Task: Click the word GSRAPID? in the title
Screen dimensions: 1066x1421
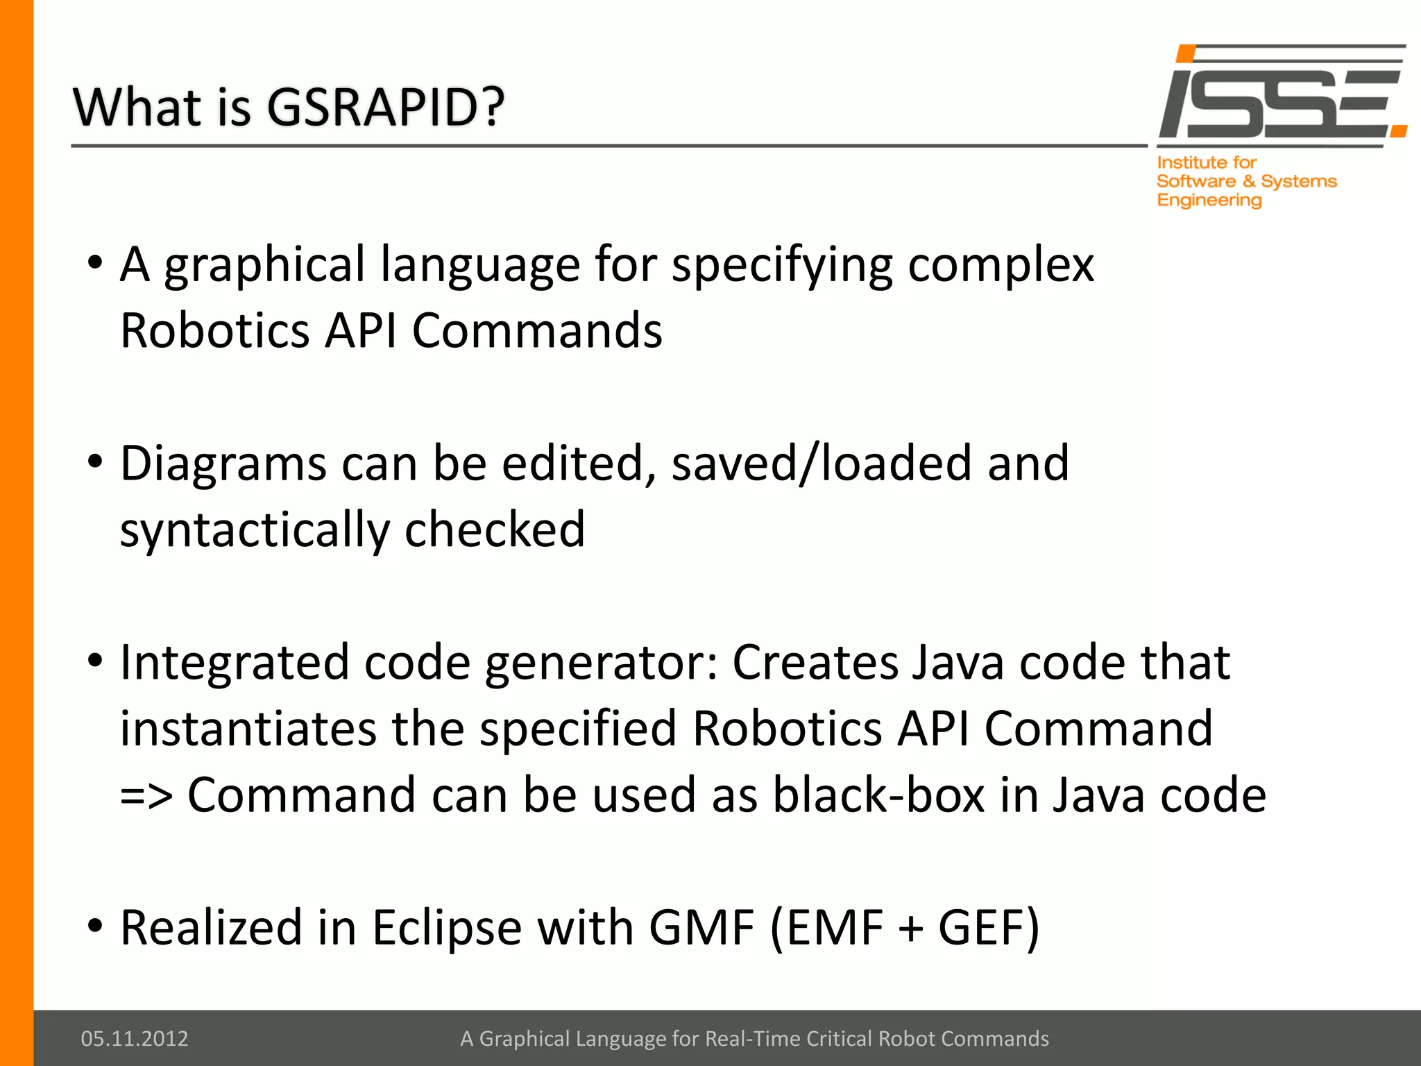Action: coord(385,108)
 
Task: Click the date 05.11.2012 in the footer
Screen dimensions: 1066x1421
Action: coord(135,1038)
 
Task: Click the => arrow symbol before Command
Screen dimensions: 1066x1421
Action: coord(146,796)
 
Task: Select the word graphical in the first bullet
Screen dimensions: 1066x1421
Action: coord(264,266)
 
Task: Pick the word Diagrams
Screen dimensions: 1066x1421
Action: coord(223,464)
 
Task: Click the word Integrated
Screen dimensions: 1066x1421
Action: coord(235,662)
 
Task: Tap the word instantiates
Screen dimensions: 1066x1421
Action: coord(248,729)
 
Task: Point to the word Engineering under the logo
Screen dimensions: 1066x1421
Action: coord(1209,201)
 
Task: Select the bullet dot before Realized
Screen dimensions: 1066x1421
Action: coord(95,925)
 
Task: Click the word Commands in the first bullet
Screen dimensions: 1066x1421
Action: coord(537,330)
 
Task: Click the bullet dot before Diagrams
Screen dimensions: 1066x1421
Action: coord(95,461)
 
